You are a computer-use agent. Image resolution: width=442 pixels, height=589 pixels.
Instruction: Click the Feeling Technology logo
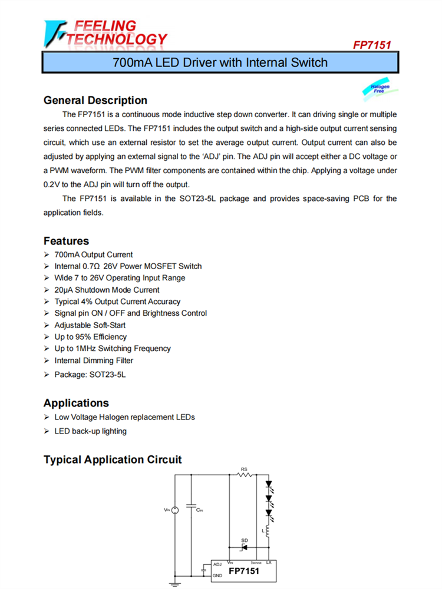tap(105, 34)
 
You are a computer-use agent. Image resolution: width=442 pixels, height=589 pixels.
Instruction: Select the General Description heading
tap(95, 100)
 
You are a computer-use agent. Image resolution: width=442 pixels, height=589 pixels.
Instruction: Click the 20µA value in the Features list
tap(63, 290)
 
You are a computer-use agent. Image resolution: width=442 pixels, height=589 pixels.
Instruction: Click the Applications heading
tap(76, 403)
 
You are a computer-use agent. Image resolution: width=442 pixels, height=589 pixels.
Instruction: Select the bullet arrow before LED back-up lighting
tap(47, 431)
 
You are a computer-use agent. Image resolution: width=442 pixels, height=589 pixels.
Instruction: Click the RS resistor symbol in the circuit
tap(245, 474)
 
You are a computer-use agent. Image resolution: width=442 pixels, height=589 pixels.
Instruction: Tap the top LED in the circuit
tap(269, 487)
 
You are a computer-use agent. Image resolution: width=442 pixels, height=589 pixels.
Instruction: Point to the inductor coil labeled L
tap(269, 532)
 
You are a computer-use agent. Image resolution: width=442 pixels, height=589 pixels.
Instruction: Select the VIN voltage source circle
tap(174, 509)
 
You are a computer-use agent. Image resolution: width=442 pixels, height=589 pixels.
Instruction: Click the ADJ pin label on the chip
tap(217, 564)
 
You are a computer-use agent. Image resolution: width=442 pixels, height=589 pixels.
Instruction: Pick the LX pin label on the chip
tap(269, 562)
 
